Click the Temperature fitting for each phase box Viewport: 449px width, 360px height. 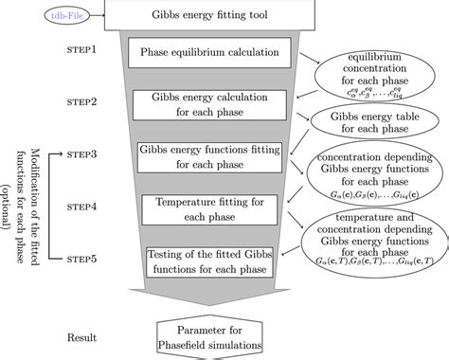[x=201, y=206]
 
